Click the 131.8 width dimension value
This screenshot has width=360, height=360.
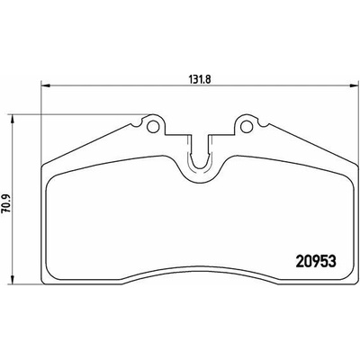200,79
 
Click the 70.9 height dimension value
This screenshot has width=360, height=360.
6,203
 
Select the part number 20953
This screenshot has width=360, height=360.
316,262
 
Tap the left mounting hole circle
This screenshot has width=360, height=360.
153,126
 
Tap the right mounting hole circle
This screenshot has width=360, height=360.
247,126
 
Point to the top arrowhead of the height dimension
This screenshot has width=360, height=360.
12,119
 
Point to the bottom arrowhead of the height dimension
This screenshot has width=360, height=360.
12,280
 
